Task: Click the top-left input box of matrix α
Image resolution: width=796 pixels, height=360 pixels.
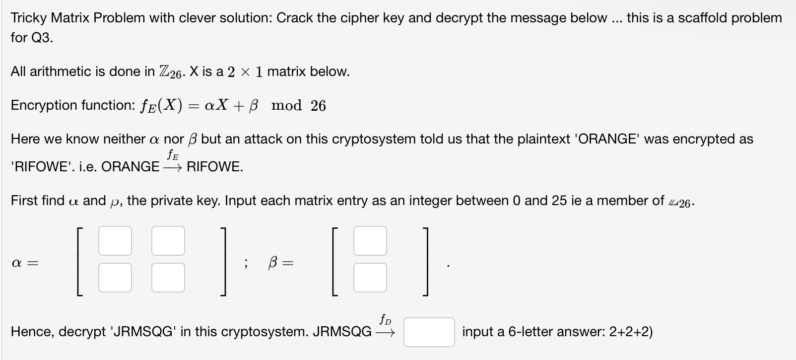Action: coord(115,241)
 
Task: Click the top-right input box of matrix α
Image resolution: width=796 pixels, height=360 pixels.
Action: coord(168,241)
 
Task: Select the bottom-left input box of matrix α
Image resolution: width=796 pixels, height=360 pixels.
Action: coord(115,277)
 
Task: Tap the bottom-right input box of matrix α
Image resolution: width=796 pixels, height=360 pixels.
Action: coord(168,277)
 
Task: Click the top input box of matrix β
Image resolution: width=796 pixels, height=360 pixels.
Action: coord(370,241)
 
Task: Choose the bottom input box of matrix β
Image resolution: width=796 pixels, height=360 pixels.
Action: coord(370,277)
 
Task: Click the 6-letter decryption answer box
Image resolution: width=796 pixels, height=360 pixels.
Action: coord(429,332)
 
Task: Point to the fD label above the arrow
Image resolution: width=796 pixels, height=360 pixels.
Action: coord(385,319)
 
